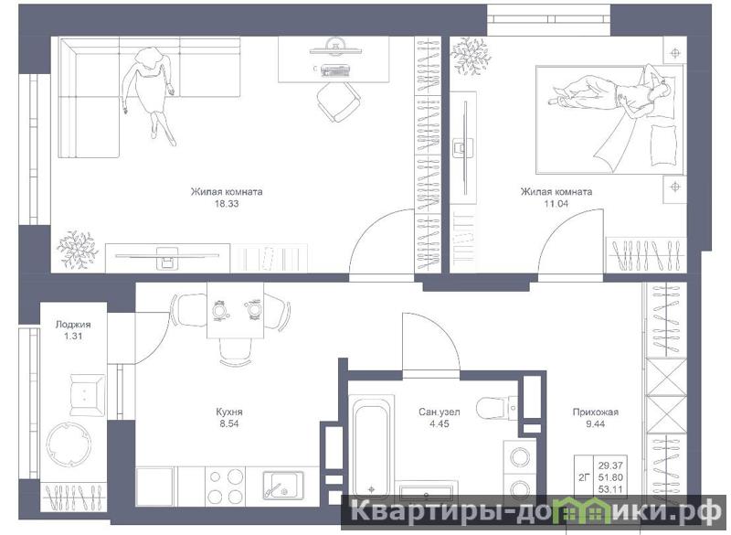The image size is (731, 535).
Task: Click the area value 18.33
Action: (226, 204)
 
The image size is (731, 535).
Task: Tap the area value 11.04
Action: (556, 204)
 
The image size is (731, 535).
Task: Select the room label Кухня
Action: (229, 412)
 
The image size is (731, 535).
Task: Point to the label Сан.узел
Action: (440, 412)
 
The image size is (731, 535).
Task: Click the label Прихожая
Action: (596, 412)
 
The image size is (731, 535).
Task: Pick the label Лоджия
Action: (73, 325)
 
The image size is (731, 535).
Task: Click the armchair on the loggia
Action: (87, 395)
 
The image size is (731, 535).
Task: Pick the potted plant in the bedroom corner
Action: (471, 55)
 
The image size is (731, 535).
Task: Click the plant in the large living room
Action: (77, 249)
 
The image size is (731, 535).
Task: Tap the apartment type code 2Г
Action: (584, 477)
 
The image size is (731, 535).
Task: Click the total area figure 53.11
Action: (610, 489)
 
